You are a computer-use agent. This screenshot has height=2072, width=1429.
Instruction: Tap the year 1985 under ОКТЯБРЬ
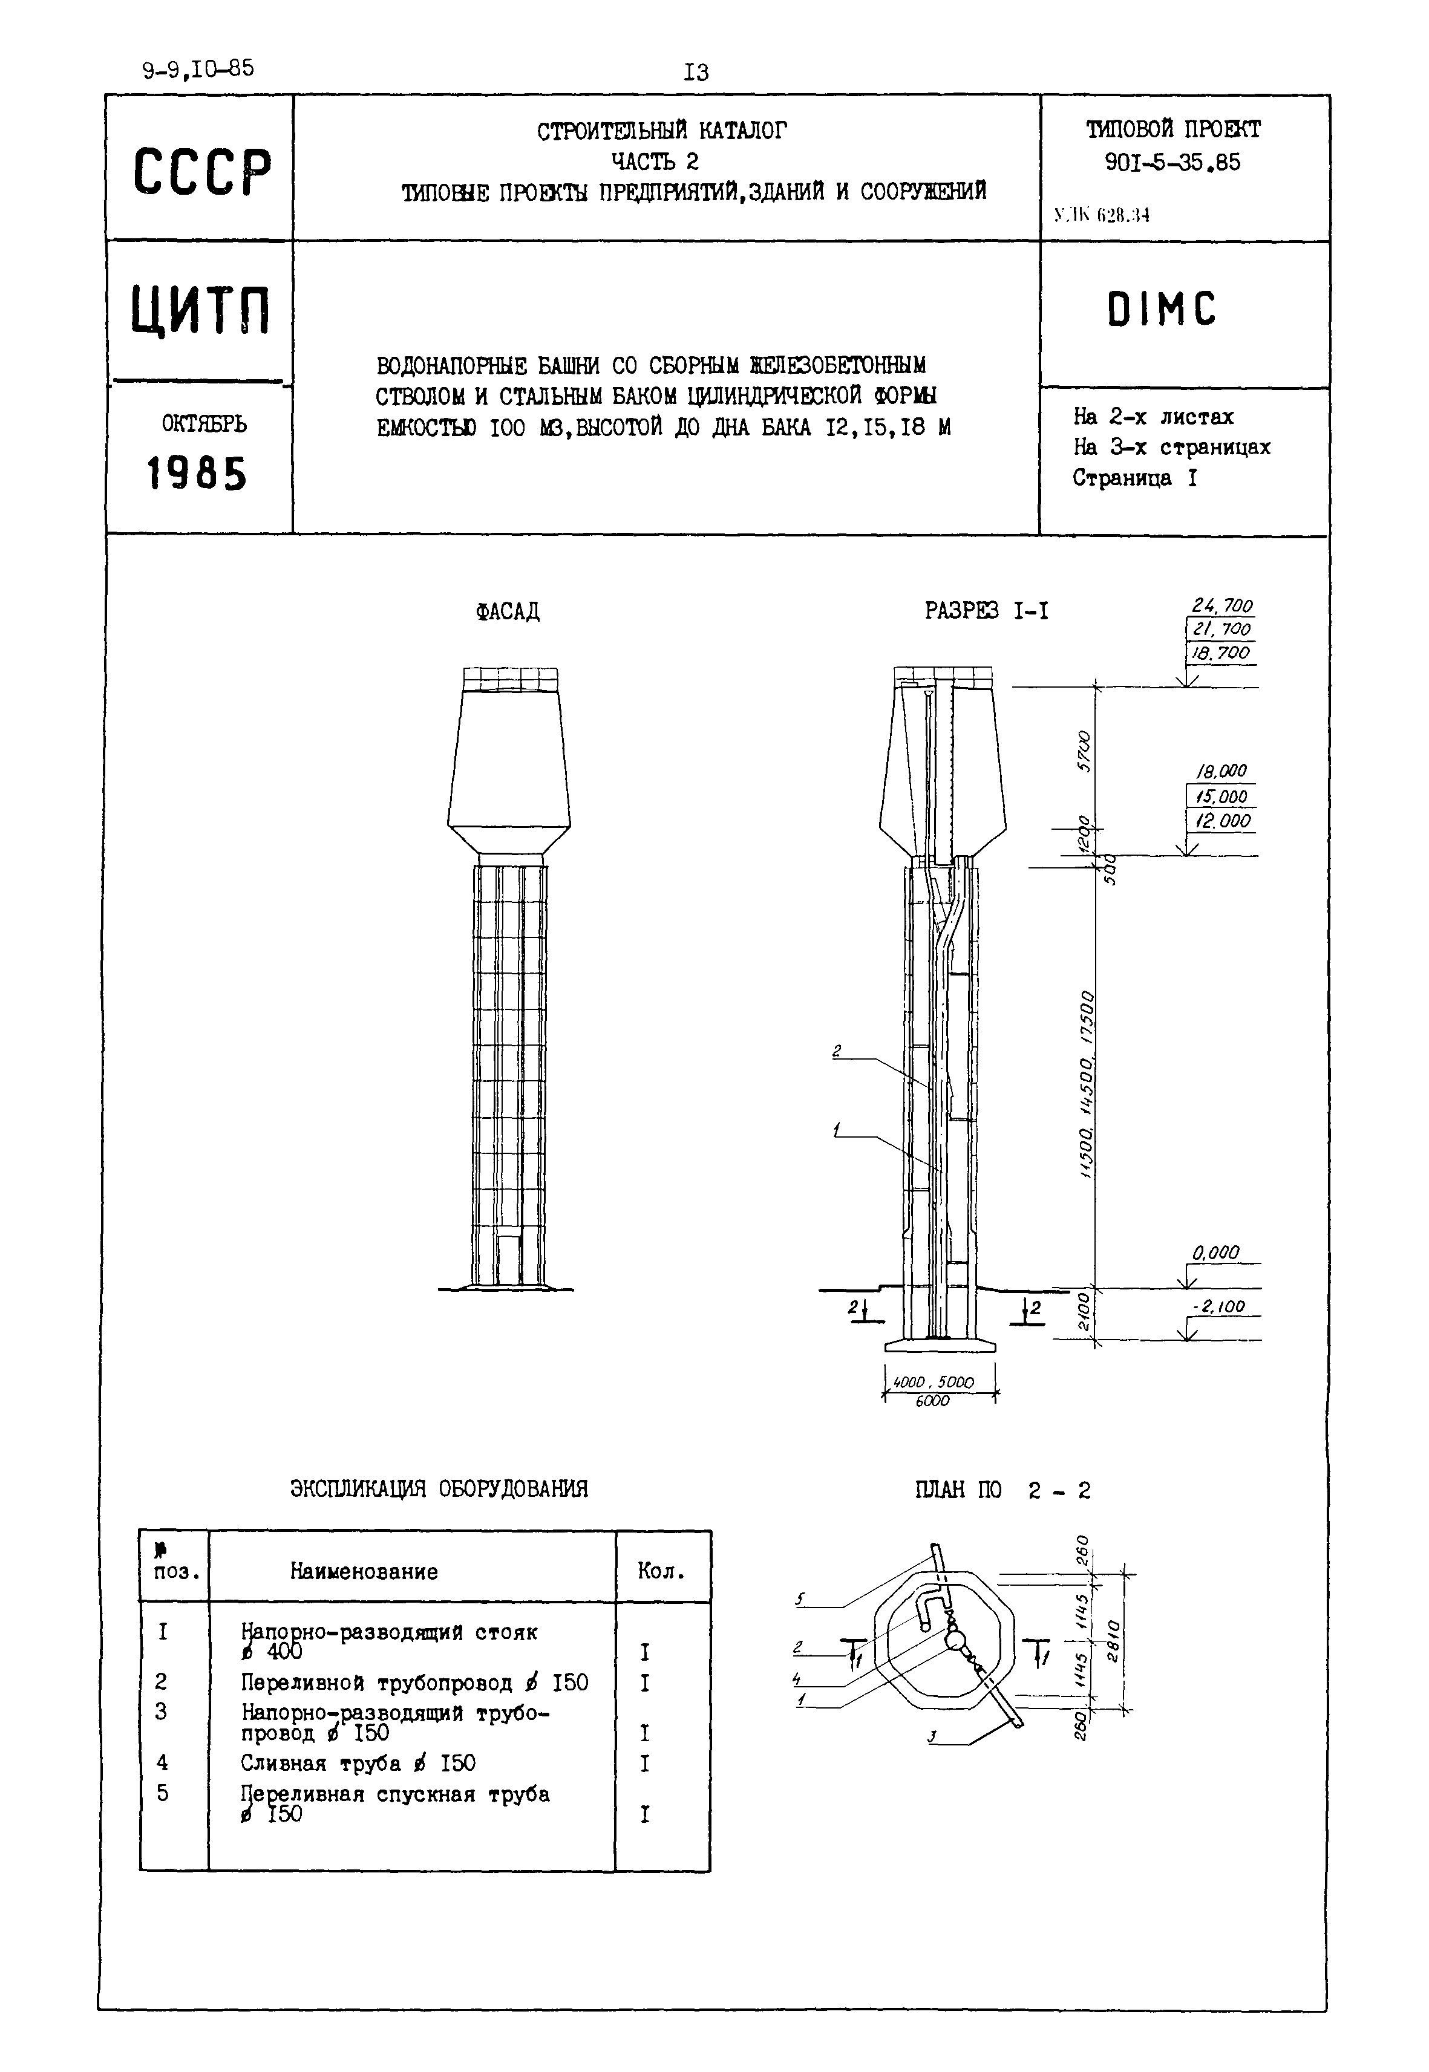tap(197, 474)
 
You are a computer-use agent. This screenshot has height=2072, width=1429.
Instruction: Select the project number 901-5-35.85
tap(1172, 162)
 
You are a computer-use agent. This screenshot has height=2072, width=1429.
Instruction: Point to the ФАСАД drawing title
tap(508, 611)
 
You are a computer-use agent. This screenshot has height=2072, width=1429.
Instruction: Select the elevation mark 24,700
tap(1221, 606)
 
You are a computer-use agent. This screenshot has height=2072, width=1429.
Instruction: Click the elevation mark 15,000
tap(1220, 797)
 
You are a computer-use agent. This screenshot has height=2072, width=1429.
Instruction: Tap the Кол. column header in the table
tap(662, 1571)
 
